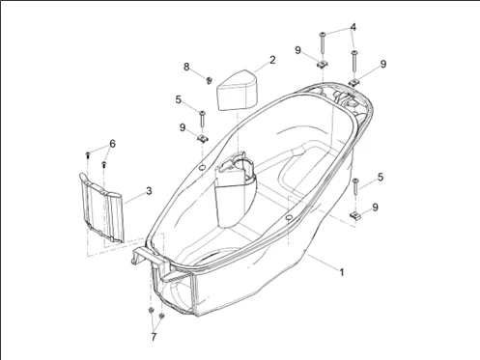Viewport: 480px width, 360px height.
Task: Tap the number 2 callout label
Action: coord(272,60)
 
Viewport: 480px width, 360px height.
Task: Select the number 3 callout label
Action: coord(148,191)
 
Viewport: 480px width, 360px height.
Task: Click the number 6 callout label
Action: coord(112,144)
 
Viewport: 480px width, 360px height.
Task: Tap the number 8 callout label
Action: coord(187,66)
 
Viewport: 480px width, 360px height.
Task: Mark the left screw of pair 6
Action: coord(89,153)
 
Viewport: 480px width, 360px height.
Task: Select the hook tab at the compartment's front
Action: coord(144,253)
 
